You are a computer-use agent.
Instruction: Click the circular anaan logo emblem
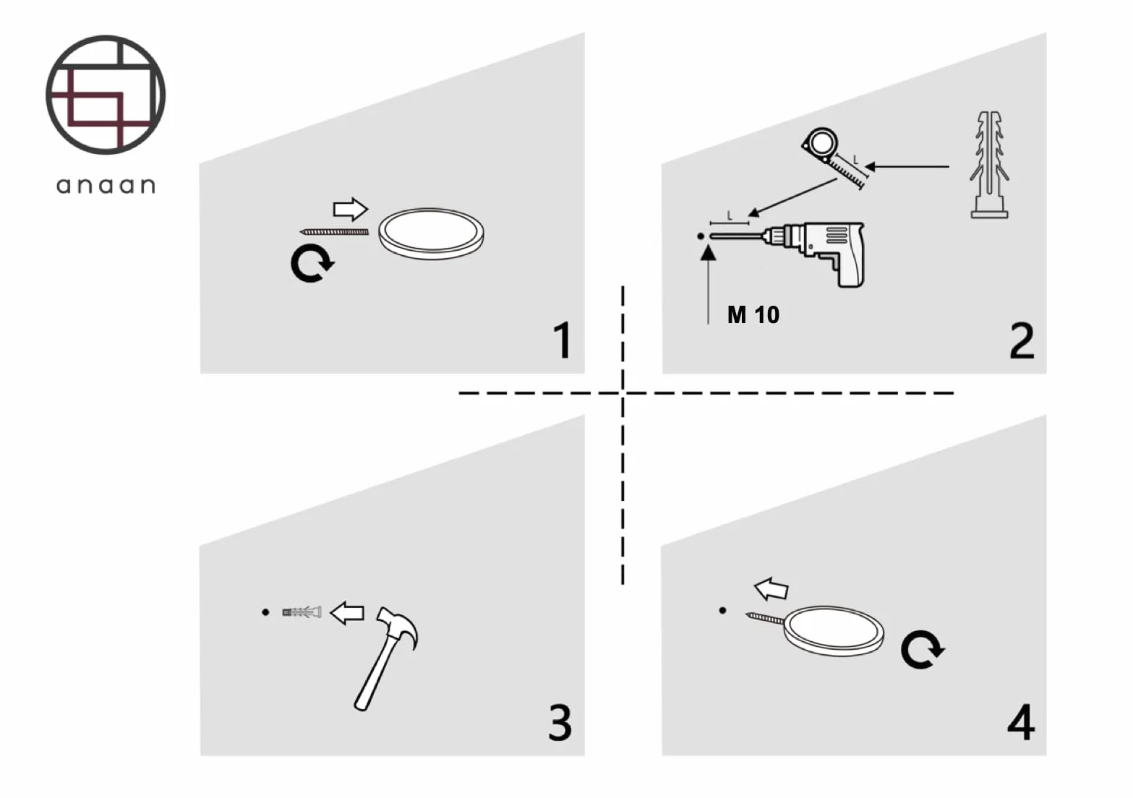(106, 95)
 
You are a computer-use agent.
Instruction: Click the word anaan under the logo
(106, 186)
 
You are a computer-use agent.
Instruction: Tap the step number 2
(1021, 340)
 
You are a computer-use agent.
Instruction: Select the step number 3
(560, 723)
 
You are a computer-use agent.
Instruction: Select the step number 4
(1021, 722)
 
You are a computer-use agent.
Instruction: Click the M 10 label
(753, 314)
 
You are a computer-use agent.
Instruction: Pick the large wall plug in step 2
(989, 165)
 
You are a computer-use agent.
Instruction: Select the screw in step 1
(334, 232)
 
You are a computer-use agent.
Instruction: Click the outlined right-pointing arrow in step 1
(351, 209)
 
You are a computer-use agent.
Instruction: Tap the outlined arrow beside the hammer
(347, 613)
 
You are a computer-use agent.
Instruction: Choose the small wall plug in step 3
(302, 612)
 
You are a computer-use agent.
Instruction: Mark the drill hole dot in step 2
(701, 236)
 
